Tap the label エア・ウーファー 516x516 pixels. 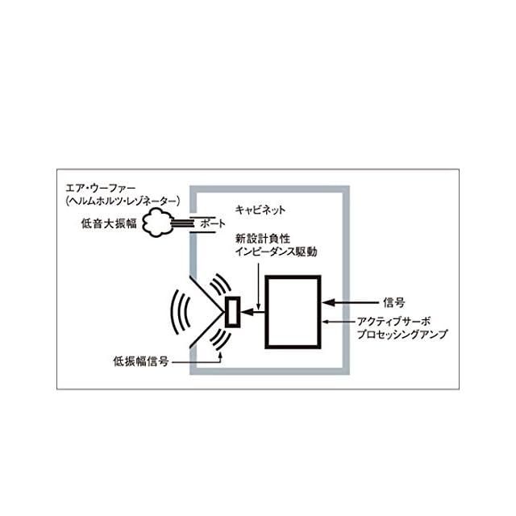[x=98, y=186]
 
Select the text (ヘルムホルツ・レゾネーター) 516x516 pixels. [x=122, y=199]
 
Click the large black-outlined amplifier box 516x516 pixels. [x=293, y=311]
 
